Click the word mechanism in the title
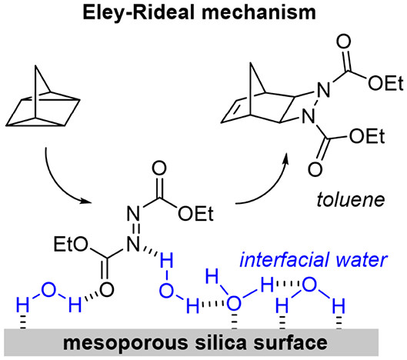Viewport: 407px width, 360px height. (259, 12)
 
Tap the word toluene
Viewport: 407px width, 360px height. (350, 200)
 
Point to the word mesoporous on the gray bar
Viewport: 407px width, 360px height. (125, 343)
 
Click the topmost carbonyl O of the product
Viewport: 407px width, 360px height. (343, 42)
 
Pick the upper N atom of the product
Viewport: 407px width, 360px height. (324, 89)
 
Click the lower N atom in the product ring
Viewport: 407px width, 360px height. (308, 116)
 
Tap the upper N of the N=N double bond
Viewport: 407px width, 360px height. (133, 214)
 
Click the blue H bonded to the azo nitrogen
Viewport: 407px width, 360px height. (166, 261)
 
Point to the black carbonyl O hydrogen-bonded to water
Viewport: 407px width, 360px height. (107, 290)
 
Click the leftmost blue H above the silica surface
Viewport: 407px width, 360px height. (23, 305)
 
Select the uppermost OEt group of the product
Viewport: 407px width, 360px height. (386, 83)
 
